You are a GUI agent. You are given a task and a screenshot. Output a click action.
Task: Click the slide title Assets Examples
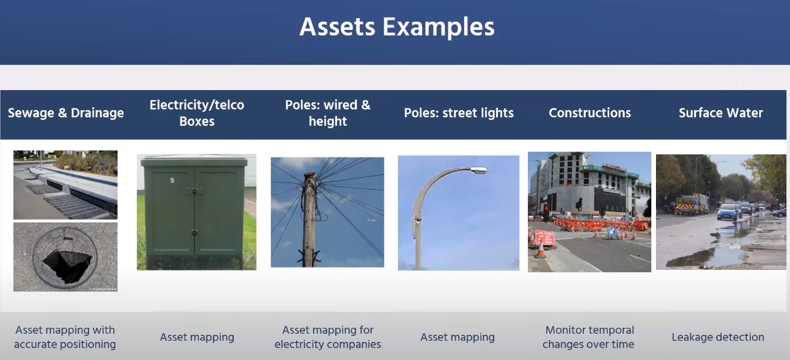(x=397, y=27)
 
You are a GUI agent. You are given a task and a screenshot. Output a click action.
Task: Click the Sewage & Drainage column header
(x=66, y=113)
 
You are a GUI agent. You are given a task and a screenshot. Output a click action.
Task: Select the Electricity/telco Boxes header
(x=197, y=113)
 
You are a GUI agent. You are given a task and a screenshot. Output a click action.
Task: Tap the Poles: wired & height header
(x=328, y=113)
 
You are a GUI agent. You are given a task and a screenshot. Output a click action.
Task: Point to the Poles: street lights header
(x=459, y=113)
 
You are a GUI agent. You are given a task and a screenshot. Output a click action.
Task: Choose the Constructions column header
(x=589, y=113)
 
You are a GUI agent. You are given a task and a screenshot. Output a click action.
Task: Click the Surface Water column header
(x=720, y=113)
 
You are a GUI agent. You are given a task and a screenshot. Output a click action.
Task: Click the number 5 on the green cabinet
(x=172, y=180)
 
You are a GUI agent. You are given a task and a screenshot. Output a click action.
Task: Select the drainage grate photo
(x=66, y=185)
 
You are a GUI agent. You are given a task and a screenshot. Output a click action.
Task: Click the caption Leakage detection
(x=717, y=337)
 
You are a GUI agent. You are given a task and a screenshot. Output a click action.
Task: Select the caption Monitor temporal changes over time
(x=589, y=337)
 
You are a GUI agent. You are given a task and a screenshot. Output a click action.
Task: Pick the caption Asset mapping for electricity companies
(x=328, y=337)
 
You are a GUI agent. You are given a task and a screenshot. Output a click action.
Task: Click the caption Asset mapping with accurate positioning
(x=65, y=337)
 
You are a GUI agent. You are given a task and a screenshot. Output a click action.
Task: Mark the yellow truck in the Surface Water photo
(x=692, y=204)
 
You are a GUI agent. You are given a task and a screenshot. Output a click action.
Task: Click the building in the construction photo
(x=591, y=181)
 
